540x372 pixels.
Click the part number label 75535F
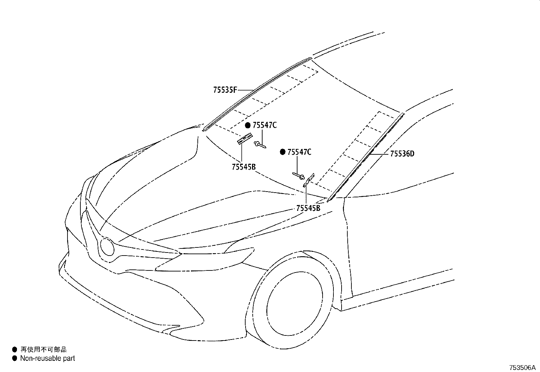point(225,90)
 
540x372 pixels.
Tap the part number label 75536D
point(402,154)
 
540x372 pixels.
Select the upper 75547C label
point(265,125)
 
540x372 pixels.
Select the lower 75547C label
point(299,152)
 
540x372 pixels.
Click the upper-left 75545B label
point(244,167)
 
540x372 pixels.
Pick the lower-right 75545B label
point(308,208)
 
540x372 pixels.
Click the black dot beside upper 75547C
point(248,126)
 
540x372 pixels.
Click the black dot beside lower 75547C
point(283,152)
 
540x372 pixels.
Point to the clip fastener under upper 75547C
point(260,145)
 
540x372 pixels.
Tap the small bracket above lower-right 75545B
point(309,180)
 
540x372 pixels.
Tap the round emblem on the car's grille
point(107,246)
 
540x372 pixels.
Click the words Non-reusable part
point(47,358)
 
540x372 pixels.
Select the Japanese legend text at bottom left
point(43,350)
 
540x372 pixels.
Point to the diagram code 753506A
point(522,368)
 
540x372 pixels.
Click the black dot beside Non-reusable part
point(15,358)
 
